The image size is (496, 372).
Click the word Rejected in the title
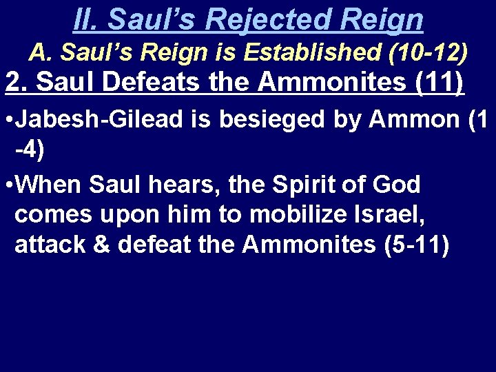[258, 19]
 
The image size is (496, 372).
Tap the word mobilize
[300, 214]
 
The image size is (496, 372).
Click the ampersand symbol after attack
[103, 245]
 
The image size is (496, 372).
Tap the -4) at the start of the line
[30, 150]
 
